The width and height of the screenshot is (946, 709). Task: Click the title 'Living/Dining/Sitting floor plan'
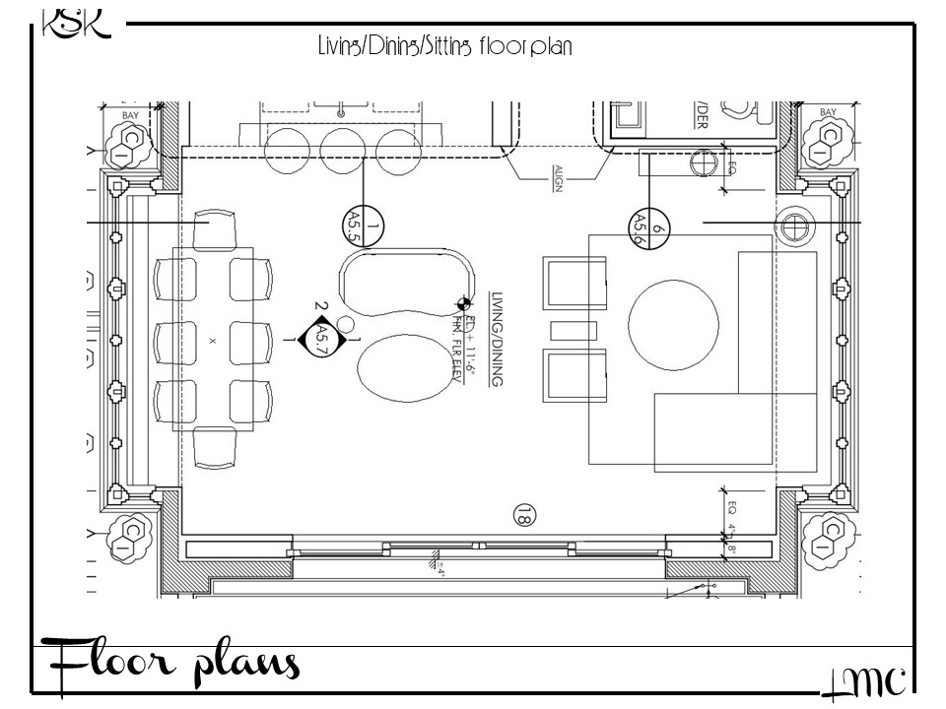444,45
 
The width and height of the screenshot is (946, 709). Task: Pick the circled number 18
524,514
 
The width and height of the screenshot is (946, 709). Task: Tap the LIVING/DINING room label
496,338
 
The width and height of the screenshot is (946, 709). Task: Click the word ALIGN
557,177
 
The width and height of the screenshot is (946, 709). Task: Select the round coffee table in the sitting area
667,317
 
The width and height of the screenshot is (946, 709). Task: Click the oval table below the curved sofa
400,369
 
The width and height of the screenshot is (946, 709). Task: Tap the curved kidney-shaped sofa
405,282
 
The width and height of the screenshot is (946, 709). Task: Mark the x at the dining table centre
212,340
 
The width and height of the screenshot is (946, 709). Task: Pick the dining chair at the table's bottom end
215,447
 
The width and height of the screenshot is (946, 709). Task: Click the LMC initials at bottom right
863,682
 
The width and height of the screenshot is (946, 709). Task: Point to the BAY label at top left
130,115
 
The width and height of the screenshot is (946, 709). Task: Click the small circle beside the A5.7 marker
345,322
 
